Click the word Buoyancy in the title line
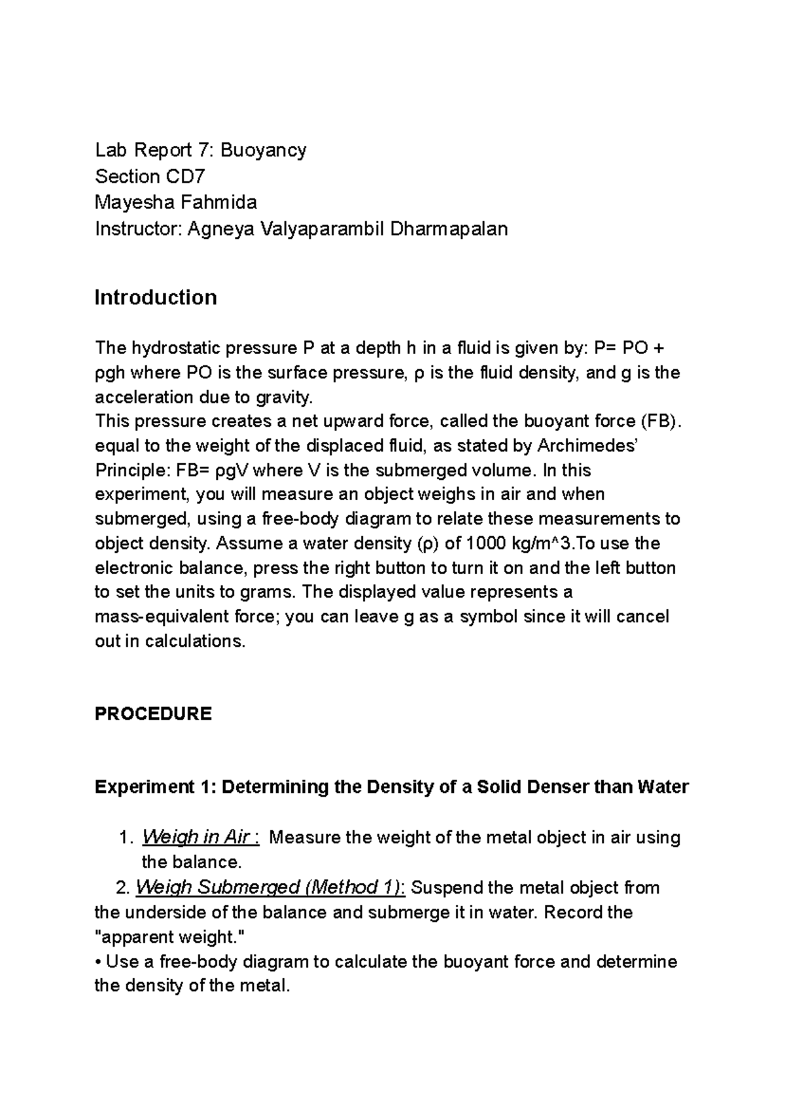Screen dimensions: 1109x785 (x=263, y=151)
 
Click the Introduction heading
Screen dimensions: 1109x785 (x=156, y=297)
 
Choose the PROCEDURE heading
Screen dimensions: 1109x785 (x=153, y=714)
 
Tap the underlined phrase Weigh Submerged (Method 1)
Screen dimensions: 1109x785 (x=270, y=888)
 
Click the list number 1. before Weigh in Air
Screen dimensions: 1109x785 (x=128, y=837)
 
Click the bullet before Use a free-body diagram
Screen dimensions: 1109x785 (x=98, y=962)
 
